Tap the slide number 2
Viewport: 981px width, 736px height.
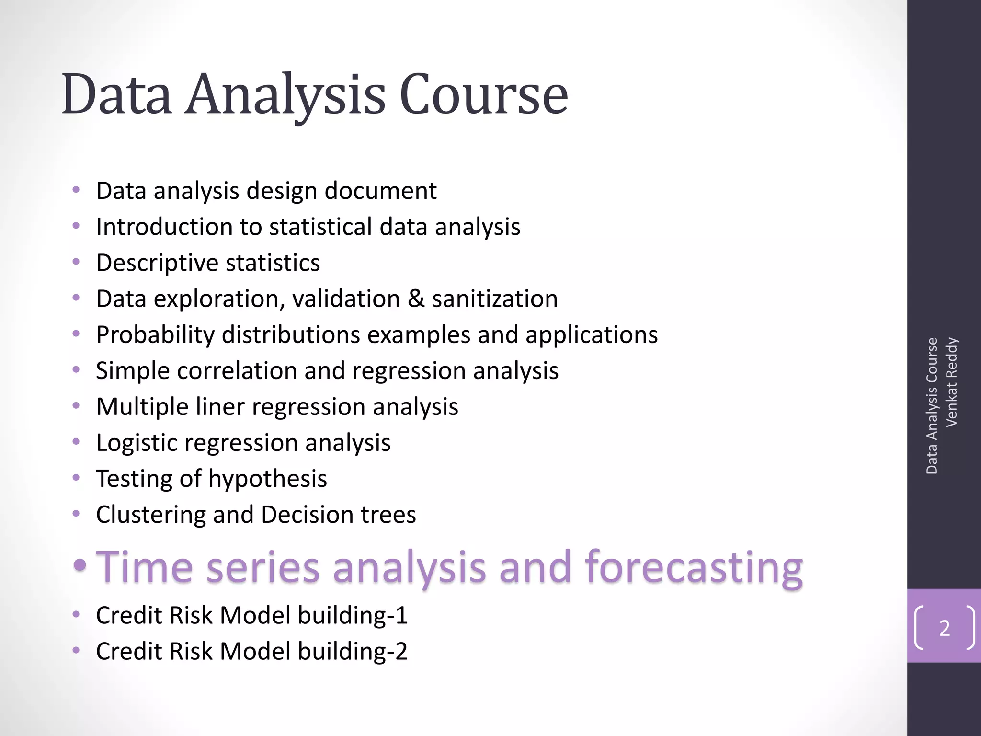point(944,628)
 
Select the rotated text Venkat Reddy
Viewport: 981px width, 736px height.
point(951,382)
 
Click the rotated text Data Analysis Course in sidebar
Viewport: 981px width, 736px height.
point(932,406)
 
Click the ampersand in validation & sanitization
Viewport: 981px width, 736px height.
point(416,299)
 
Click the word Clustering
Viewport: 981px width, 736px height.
point(150,515)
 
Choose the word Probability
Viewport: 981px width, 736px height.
point(155,335)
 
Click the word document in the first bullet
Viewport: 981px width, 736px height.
point(380,191)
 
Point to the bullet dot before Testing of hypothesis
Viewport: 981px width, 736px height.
point(76,478)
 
